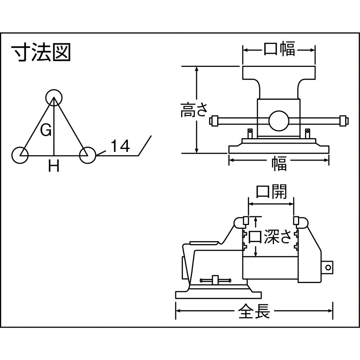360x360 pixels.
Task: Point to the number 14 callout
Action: coord(120,146)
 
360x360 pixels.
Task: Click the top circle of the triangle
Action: coord(54,97)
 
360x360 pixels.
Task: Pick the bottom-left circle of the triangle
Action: coord(21,155)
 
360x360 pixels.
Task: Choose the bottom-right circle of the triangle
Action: coord(87,155)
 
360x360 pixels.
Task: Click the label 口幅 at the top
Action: coord(279,49)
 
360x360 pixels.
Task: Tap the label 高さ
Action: coord(194,110)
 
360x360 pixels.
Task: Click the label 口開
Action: coord(271,192)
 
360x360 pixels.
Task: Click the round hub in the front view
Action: coord(279,121)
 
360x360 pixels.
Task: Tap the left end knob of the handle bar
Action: coord(215,121)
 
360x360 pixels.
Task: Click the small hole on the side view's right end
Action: coord(327,267)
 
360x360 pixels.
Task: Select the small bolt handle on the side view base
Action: coord(215,280)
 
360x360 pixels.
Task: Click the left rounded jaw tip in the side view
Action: coord(239,223)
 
